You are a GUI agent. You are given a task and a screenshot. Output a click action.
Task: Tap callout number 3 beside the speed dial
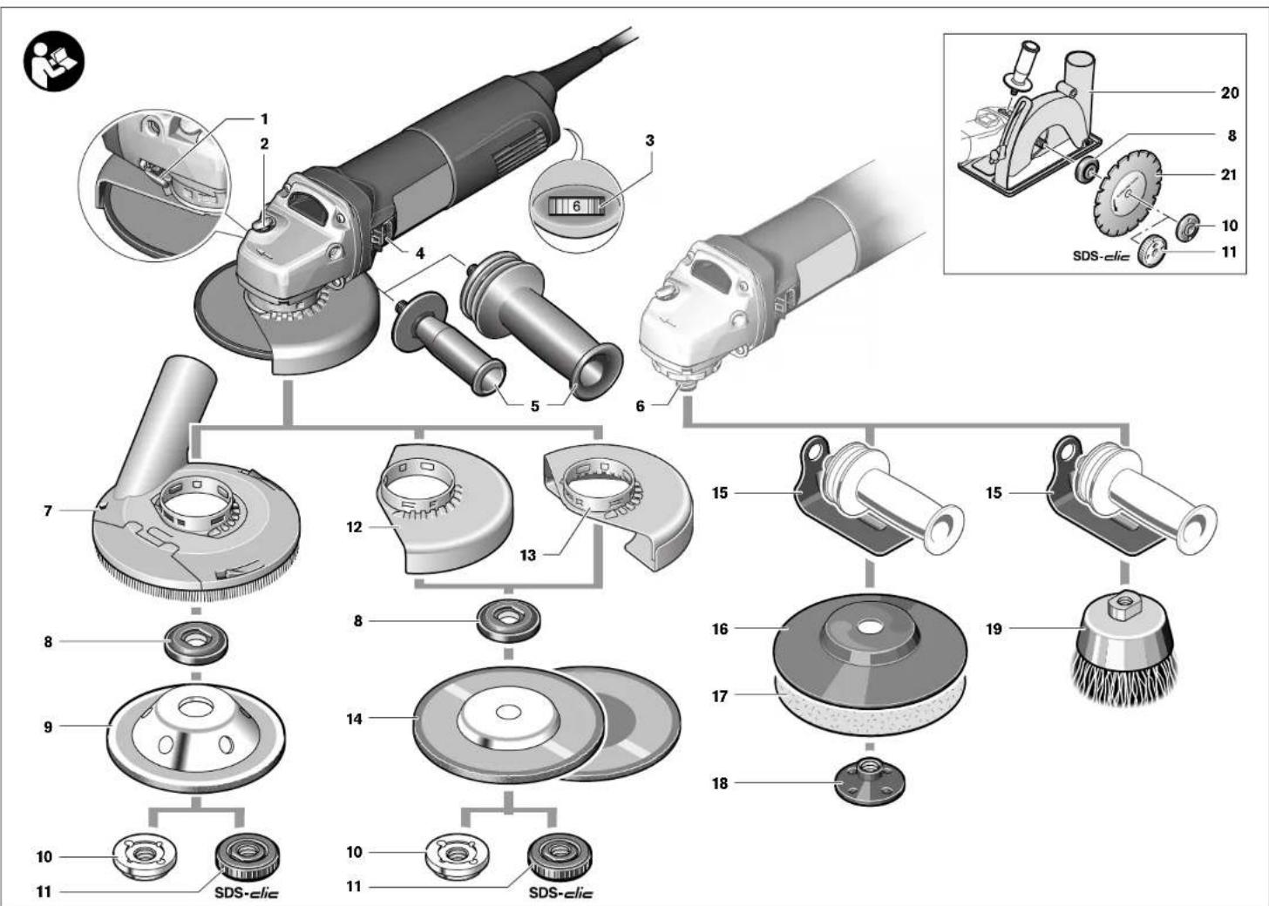(650, 140)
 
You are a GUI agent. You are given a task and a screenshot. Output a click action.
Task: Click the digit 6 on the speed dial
(576, 206)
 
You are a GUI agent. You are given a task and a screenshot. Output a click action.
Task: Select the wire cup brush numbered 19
(1122, 646)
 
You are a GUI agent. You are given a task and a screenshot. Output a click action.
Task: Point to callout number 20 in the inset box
(1229, 92)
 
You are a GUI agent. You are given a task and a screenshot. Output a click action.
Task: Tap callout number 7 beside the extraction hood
(49, 511)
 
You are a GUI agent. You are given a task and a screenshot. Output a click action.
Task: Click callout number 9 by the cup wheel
(49, 727)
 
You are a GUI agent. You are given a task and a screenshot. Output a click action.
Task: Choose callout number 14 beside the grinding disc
(354, 720)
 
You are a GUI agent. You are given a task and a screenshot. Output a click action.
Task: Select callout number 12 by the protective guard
(354, 527)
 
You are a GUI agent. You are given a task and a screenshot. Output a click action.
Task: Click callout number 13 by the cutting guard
(527, 555)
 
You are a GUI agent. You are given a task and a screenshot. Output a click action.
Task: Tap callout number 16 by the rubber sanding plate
(719, 628)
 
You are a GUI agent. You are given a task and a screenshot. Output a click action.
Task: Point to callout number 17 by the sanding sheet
(719, 696)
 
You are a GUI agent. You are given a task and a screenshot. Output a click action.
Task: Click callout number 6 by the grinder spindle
(641, 406)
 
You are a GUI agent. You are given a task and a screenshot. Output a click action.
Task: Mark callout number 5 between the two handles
(535, 406)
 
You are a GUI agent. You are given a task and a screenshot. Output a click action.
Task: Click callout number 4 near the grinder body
(419, 254)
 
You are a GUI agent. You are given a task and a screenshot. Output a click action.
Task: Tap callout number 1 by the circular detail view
(265, 118)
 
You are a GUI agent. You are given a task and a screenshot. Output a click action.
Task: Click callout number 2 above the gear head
(265, 144)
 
